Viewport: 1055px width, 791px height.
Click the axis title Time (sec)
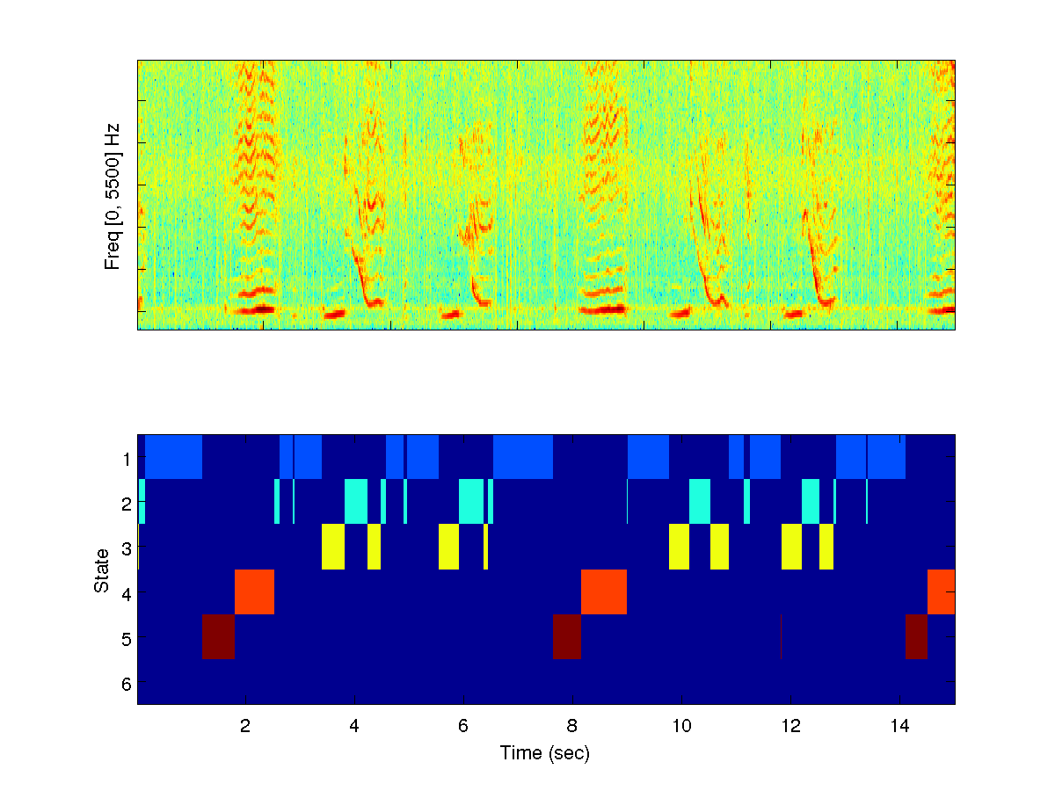tap(545, 753)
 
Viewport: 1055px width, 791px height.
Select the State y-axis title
tap(103, 570)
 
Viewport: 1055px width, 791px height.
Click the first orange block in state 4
tap(254, 591)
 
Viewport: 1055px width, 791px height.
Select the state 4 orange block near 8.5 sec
tap(604, 591)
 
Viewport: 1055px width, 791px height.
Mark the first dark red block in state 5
tap(219, 636)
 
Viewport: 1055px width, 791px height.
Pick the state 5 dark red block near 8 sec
tap(567, 636)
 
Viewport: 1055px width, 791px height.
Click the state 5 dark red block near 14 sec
tap(916, 636)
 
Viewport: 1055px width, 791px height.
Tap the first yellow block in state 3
tap(333, 547)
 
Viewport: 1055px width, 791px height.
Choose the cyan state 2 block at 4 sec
tap(356, 502)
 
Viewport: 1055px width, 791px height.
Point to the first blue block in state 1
tap(174, 457)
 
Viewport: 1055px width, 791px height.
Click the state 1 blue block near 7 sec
tap(523, 457)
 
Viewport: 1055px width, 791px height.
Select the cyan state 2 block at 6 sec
tap(471, 502)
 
